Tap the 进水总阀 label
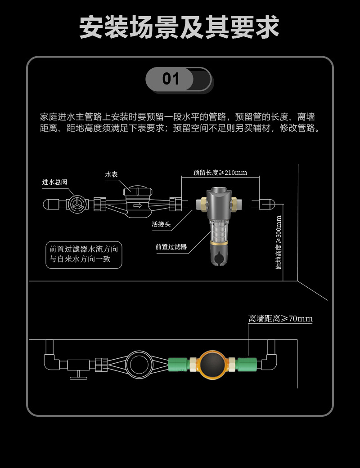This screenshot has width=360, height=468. pos(54,182)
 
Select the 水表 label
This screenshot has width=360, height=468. pos(112,174)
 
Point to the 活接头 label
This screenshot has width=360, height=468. pos(161,224)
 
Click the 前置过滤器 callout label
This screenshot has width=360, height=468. pos(171,247)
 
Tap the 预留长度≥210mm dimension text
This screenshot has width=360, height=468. pos(220,173)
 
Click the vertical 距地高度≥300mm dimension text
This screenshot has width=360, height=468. pos(279,242)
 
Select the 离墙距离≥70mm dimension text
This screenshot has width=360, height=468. pos(280,319)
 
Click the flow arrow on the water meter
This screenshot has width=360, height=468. pos(137,206)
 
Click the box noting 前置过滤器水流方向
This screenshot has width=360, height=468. pos(84,254)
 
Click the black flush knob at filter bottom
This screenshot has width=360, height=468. pos(219,259)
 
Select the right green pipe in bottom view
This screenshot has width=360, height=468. pos(247,363)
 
